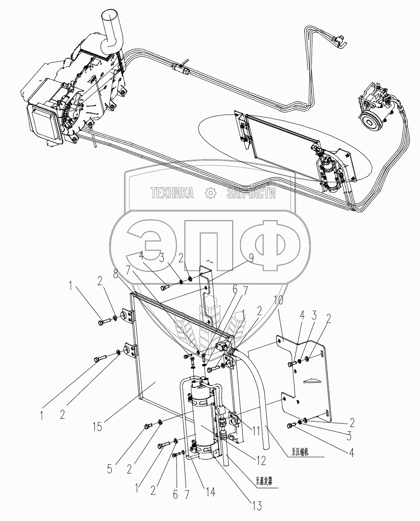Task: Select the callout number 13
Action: point(257,505)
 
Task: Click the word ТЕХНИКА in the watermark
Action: point(172,193)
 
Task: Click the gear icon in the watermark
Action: point(209,193)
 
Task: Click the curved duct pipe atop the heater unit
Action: point(110,31)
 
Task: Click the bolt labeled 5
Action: point(148,427)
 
